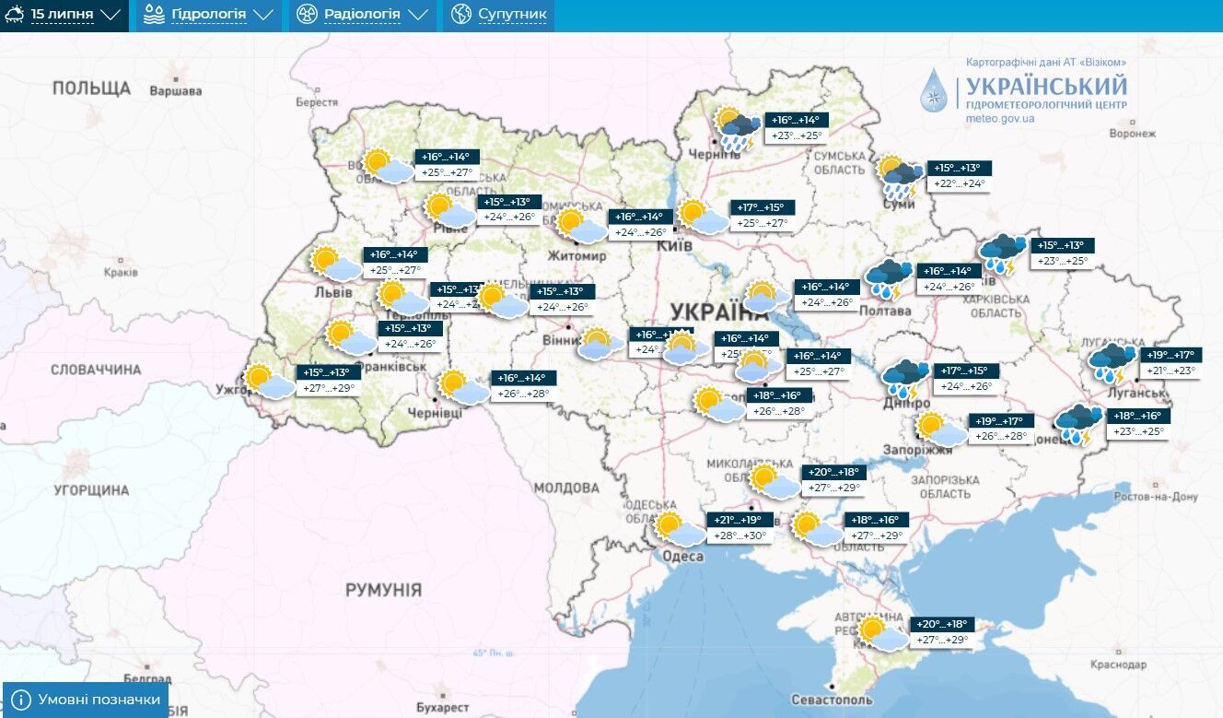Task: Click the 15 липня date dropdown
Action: pyautogui.click(x=64, y=15)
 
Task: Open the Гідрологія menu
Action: pyautogui.click(x=207, y=15)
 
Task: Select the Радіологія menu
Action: pyautogui.click(x=361, y=15)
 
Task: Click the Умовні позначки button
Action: pyautogui.click(x=87, y=700)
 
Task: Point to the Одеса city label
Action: pyautogui.click(x=682, y=556)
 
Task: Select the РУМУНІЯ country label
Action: pyautogui.click(x=383, y=589)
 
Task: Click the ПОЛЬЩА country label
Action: pyautogui.click(x=91, y=88)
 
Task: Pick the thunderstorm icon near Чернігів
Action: pyautogui.click(x=738, y=128)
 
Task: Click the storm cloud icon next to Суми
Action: pyautogui.click(x=899, y=177)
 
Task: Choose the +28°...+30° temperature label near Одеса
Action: pyautogui.click(x=740, y=536)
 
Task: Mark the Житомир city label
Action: pyautogui.click(x=577, y=255)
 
